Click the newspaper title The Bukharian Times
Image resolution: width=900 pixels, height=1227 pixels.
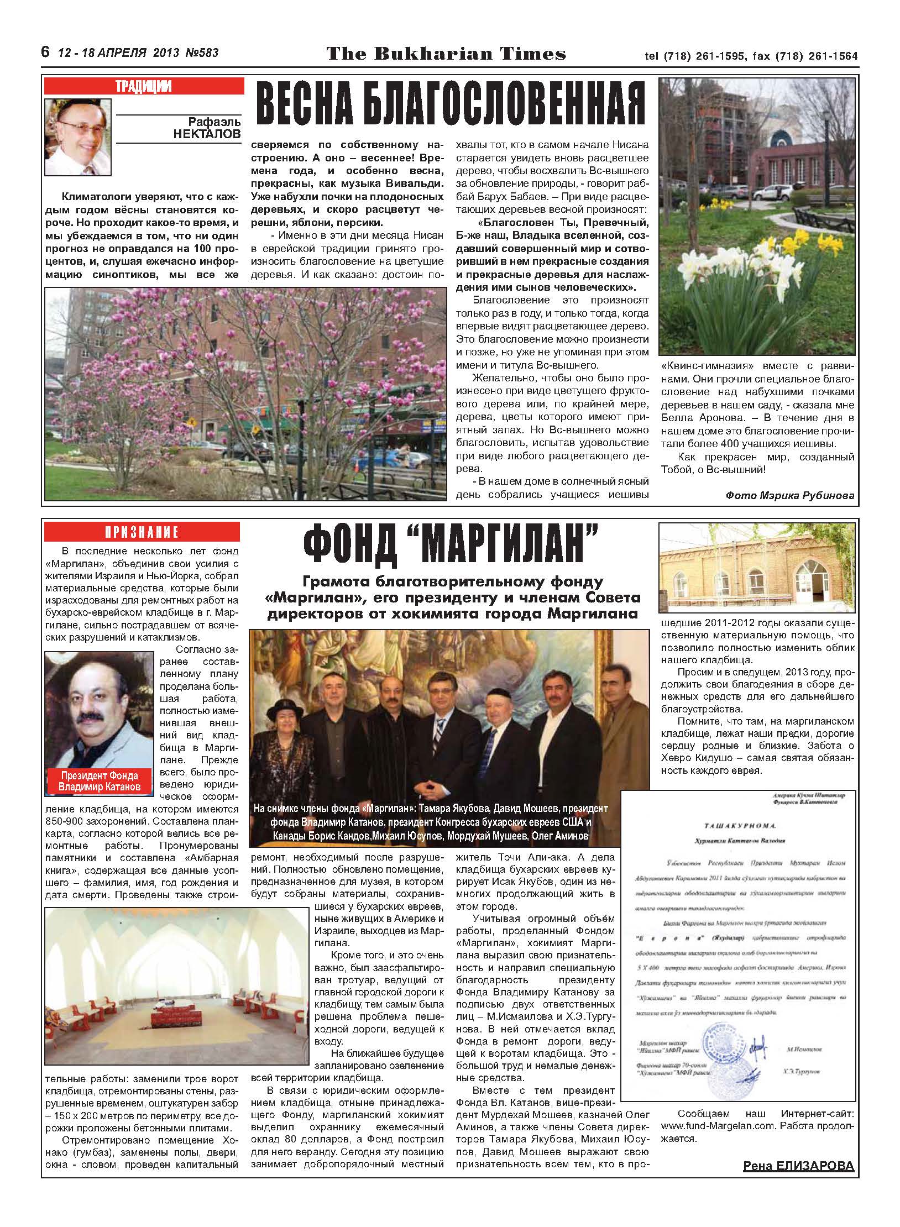[x=446, y=54]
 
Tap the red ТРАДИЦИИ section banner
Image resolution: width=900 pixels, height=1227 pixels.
[x=144, y=86]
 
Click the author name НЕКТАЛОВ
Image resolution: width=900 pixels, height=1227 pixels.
[x=207, y=134]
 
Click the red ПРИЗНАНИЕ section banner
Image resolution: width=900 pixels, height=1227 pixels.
[x=142, y=532]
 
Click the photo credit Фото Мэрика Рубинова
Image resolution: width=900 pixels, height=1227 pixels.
[x=790, y=496]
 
